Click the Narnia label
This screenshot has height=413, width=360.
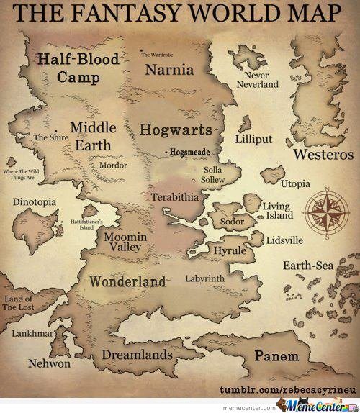click(x=169, y=70)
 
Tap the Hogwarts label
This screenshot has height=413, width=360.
click(x=176, y=130)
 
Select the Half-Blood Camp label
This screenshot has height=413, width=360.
click(x=80, y=67)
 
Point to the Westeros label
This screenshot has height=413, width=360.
click(x=323, y=154)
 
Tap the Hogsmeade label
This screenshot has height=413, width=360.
click(x=188, y=153)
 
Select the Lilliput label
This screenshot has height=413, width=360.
click(x=253, y=139)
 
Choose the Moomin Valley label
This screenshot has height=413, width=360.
click(x=127, y=242)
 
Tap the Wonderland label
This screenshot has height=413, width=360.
click(x=127, y=281)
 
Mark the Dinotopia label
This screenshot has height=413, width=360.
click(x=34, y=202)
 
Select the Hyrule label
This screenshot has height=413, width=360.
click(x=230, y=250)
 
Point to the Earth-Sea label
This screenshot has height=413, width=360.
click(x=308, y=266)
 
